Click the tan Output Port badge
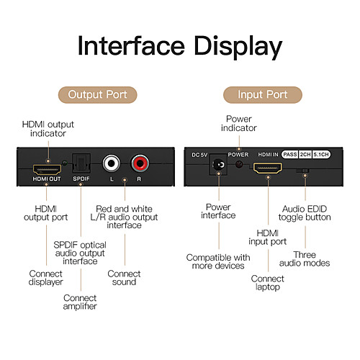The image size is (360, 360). point(97,95)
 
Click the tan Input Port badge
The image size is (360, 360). point(263,95)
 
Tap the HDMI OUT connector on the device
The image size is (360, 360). point(47,169)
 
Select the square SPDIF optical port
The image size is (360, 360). point(81,163)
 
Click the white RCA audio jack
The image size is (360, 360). point(112,163)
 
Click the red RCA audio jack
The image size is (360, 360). point(140,163)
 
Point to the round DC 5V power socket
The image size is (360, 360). point(218,165)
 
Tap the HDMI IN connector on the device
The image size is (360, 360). point(268,168)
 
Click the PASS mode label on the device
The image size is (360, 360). point(290,154)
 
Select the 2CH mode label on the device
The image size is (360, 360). point(305,154)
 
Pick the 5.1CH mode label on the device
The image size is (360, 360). point(321,154)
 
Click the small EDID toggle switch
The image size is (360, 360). point(303,171)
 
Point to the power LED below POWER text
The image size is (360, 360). point(239,164)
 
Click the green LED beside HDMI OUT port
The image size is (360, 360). point(65,163)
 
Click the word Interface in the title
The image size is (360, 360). point(131,46)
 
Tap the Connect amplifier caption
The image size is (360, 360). point(80,302)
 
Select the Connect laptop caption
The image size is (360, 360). point(268,283)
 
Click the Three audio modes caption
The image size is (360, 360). point(305,258)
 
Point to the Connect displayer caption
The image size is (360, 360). point(45,278)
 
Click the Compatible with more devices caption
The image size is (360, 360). point(218,261)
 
